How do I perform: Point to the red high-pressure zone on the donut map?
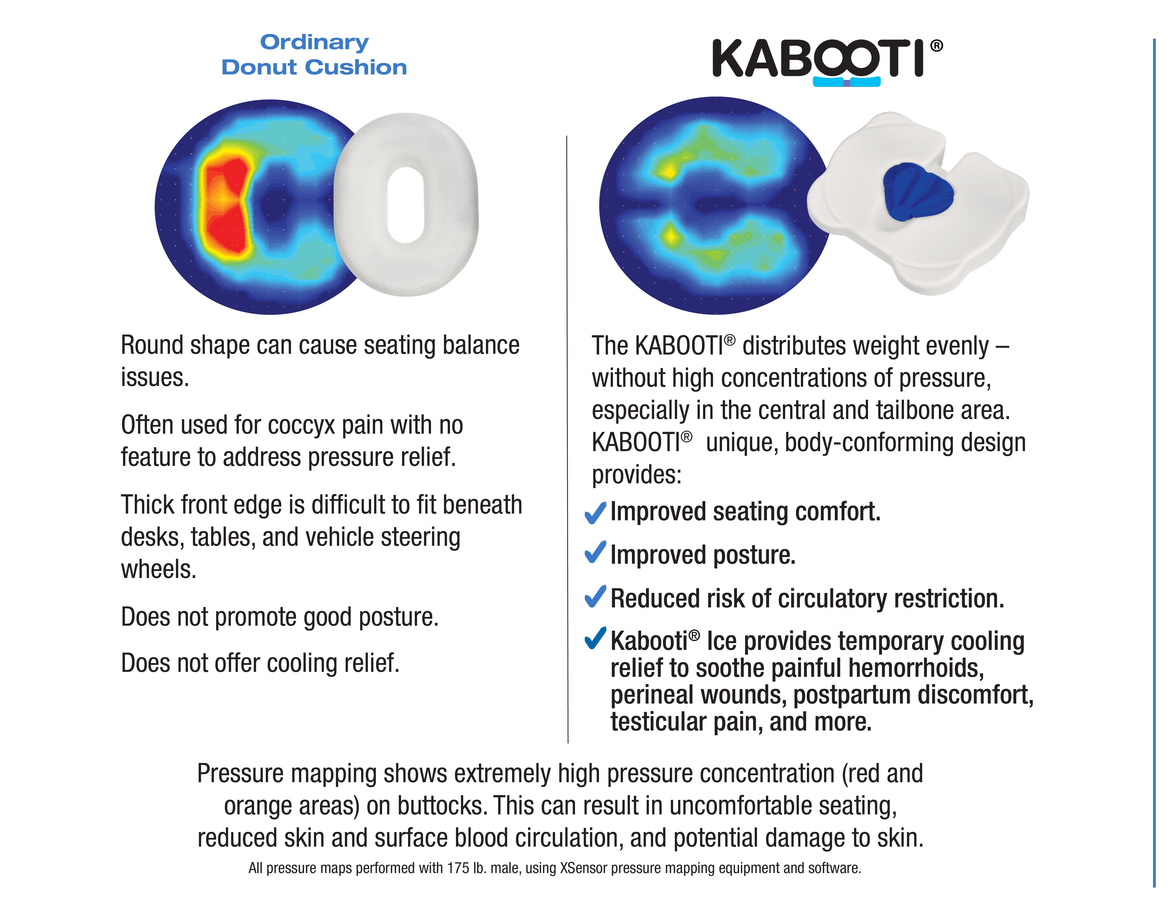click(x=226, y=205)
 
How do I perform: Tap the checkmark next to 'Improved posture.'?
click(x=595, y=553)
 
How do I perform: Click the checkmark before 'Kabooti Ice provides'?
click(x=595, y=639)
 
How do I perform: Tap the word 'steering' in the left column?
click(x=421, y=537)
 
